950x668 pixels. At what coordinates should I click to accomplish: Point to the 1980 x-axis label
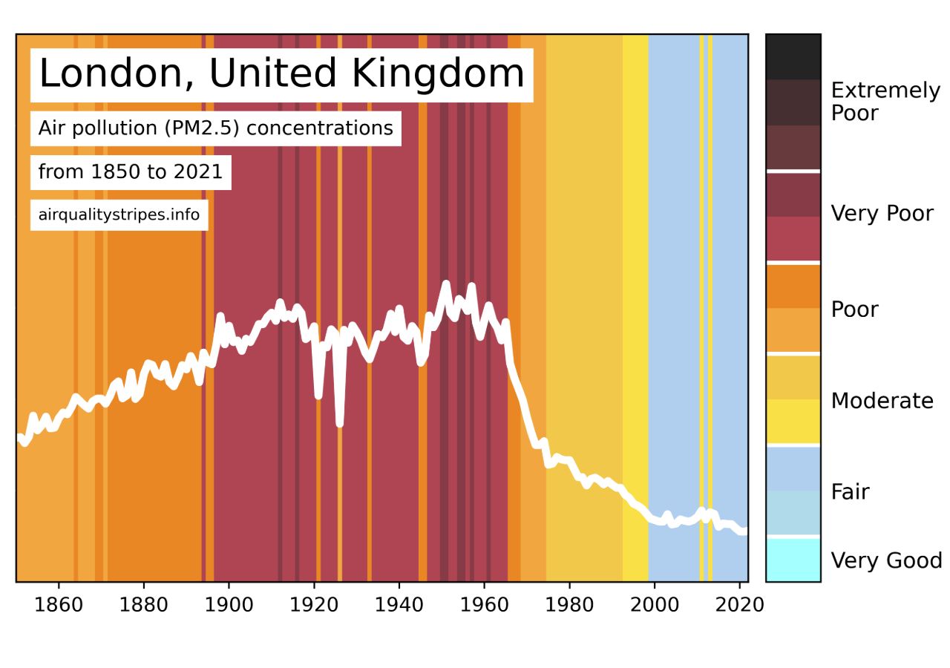tap(569, 604)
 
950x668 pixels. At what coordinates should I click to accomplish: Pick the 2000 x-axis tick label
tap(654, 604)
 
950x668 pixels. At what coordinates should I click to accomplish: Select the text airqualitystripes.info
tap(119, 216)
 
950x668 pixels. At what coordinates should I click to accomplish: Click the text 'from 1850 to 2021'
tap(131, 172)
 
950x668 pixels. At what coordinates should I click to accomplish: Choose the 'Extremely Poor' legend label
tap(885, 102)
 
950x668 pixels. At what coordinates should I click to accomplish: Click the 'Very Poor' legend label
tap(882, 214)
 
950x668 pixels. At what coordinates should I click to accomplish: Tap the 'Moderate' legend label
tap(882, 401)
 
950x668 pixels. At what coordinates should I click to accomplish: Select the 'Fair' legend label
tap(850, 492)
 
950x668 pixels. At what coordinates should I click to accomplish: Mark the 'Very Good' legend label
tap(886, 560)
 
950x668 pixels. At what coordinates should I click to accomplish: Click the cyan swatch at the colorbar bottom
tap(793, 560)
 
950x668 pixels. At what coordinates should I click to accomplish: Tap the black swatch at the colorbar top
tap(793, 56)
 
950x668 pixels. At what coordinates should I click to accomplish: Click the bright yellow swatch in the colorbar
tap(793, 422)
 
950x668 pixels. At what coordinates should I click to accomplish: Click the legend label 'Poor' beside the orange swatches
tap(854, 310)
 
